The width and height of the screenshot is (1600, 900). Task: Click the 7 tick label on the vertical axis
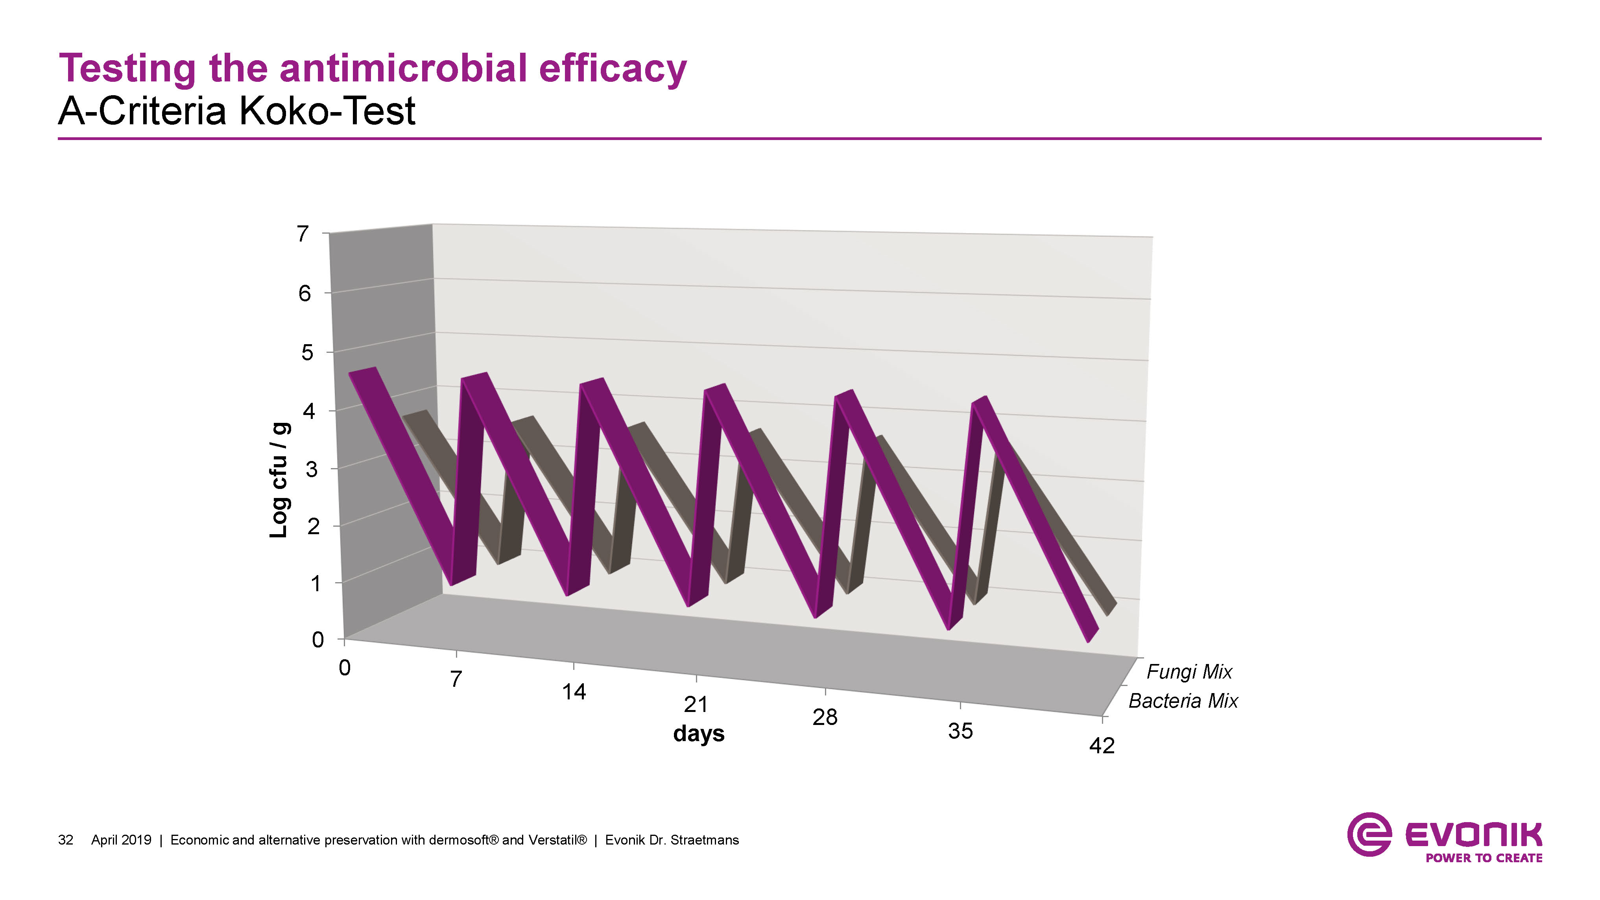[x=303, y=234]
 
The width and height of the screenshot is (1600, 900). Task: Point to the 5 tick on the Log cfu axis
[x=307, y=353]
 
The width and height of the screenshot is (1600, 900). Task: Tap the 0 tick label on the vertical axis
[x=317, y=640]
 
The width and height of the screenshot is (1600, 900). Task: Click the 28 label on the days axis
[x=825, y=717]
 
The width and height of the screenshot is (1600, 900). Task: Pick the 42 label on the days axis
[x=1102, y=745]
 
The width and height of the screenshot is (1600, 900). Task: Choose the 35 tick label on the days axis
[x=960, y=731]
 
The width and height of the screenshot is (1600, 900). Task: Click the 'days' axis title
[x=699, y=734]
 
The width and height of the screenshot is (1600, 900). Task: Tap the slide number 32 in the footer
[x=65, y=840]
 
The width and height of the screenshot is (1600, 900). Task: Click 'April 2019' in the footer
[x=121, y=840]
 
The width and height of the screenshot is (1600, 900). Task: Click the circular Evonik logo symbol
[x=1369, y=834]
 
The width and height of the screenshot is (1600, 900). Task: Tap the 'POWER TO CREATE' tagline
[x=1484, y=858]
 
